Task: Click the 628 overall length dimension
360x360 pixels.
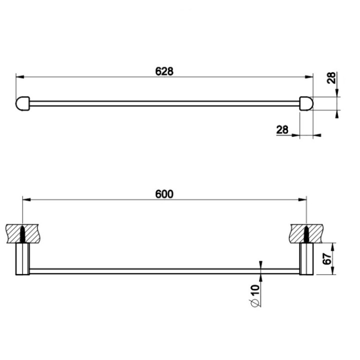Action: [x=163, y=71]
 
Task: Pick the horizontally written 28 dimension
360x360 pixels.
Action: [x=282, y=129]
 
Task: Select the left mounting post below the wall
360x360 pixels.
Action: [x=23, y=259]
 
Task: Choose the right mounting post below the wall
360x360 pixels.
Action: [x=306, y=259]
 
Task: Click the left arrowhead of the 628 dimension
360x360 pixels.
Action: [x=19, y=76]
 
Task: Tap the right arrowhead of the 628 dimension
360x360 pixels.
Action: [x=309, y=76]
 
